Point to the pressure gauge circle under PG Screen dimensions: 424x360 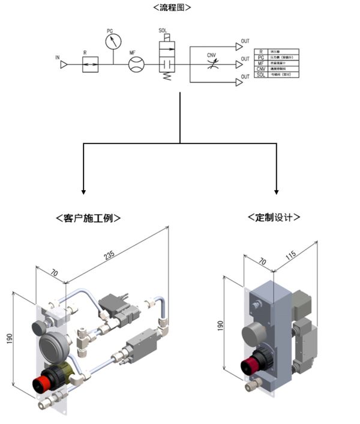[x=112, y=42]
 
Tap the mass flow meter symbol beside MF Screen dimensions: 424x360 [x=137, y=65]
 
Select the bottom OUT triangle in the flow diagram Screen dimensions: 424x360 [x=238, y=82]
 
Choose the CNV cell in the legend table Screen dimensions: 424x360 [x=260, y=68]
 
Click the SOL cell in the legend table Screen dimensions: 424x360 [x=260, y=75]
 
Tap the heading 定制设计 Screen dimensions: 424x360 [x=274, y=218]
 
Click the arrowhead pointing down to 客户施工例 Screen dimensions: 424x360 [x=83, y=191]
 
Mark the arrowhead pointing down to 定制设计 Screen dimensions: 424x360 [x=277, y=191]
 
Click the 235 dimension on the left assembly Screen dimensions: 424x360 [x=110, y=254]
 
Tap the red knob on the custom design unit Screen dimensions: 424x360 [x=249, y=364]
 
